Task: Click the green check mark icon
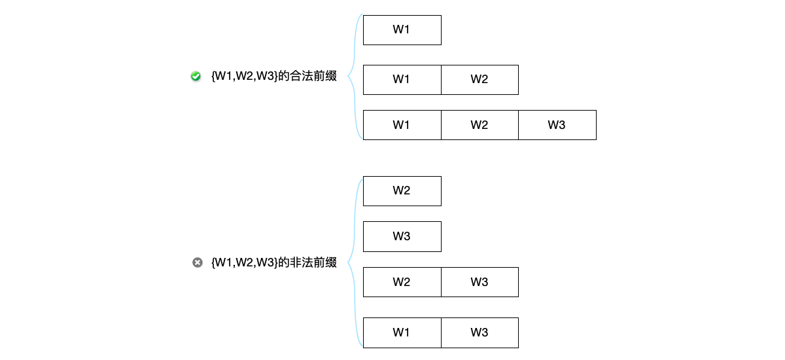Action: (196, 77)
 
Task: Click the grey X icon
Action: (197, 262)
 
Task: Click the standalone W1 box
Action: (402, 30)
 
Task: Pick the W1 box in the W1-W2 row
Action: (402, 80)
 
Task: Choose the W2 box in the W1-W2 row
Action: (480, 80)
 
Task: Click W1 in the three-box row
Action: (402, 125)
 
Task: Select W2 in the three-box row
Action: (480, 125)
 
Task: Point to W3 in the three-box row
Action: (557, 125)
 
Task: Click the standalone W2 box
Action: (402, 191)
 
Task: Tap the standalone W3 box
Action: (402, 236)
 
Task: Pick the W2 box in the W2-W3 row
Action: (402, 282)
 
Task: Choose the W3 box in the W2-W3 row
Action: (480, 282)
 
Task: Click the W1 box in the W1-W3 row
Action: (402, 333)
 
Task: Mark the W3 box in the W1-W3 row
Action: (480, 333)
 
